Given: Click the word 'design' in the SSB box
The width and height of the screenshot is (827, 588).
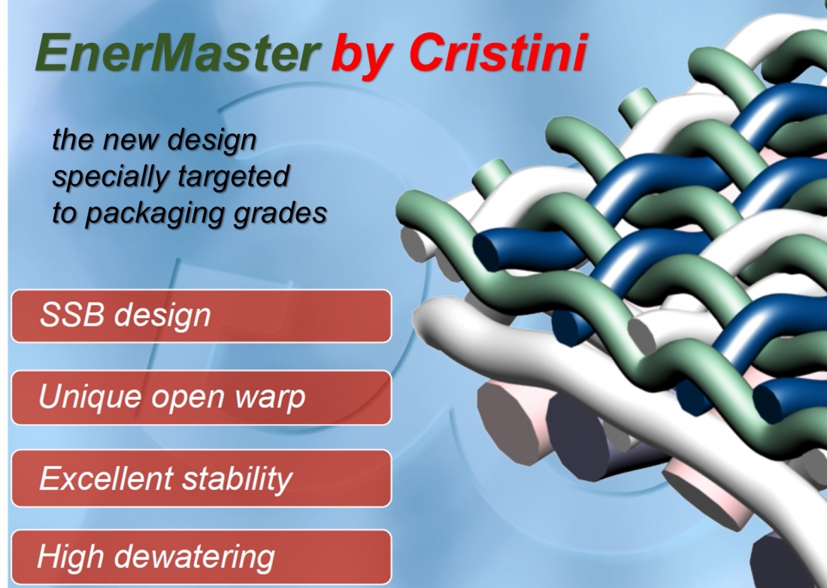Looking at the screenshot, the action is [162, 316].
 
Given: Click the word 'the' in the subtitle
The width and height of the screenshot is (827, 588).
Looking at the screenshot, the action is [73, 139].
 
